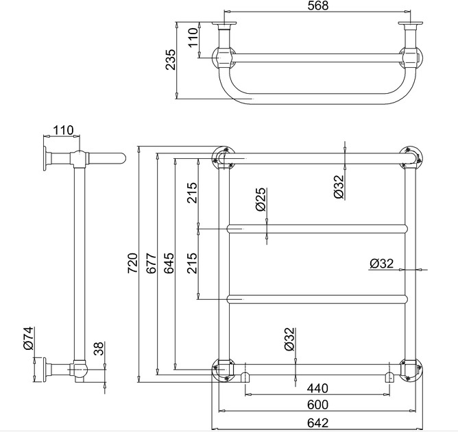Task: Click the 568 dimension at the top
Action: point(318,5)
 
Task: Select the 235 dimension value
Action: point(171,60)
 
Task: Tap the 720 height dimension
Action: point(132,263)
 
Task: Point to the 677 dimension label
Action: point(151,263)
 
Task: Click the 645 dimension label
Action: point(169,263)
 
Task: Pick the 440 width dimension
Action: point(317,388)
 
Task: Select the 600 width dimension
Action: point(318,405)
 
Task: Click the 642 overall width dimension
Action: point(318,422)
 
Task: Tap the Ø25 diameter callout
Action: point(261,199)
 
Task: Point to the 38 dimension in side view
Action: point(99,348)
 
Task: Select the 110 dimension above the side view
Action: point(63,130)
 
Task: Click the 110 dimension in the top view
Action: point(193,38)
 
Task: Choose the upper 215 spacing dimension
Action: point(193,193)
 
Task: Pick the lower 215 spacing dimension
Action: point(193,263)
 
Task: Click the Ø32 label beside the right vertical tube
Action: point(382,264)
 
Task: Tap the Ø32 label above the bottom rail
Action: point(290,340)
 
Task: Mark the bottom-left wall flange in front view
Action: point(224,369)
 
